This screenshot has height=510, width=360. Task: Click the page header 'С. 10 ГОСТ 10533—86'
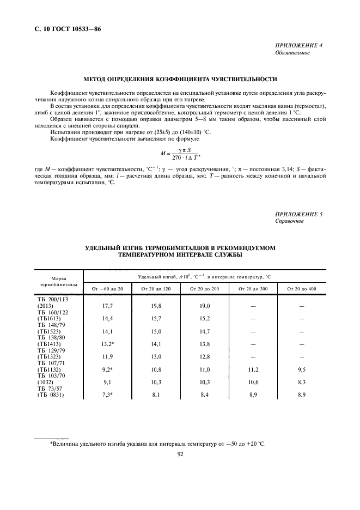click(64, 29)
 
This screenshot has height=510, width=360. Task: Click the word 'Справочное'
click(290, 222)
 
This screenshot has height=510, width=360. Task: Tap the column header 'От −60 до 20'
click(108, 288)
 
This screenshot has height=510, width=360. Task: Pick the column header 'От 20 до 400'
click(301, 288)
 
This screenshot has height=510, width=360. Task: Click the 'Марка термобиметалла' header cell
click(59, 281)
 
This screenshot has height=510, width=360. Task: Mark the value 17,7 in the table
click(107, 306)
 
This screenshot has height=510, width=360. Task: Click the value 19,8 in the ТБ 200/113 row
click(156, 306)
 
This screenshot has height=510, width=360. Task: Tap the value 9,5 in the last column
click(301, 369)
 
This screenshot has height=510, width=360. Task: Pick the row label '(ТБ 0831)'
click(51, 395)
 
